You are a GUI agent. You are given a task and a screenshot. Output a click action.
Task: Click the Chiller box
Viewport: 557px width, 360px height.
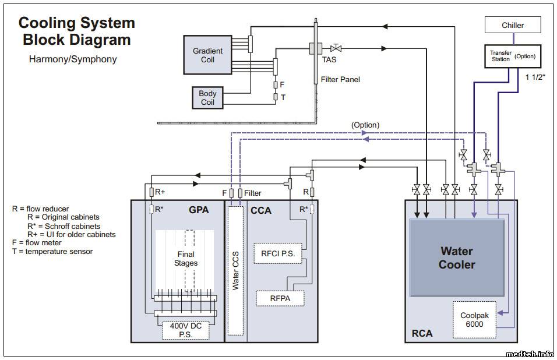tap(513, 25)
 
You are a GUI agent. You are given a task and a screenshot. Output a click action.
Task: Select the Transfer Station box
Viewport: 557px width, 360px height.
tap(512, 57)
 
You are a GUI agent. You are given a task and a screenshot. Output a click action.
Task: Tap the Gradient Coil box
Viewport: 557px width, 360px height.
tap(207, 55)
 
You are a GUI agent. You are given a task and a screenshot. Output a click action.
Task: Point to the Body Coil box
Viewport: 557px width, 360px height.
tap(207, 97)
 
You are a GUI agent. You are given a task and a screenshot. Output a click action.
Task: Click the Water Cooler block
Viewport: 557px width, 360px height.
tap(457, 258)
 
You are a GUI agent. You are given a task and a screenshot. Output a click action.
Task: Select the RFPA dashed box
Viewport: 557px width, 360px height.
tap(280, 298)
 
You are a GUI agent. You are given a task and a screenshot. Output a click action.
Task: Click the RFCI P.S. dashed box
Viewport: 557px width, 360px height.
tap(278, 253)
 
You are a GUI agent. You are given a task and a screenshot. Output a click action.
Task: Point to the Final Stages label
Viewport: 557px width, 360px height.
tap(185, 259)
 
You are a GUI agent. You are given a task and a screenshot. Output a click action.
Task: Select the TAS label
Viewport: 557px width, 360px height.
tap(329, 59)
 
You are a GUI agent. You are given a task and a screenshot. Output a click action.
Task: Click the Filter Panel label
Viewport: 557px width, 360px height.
tap(340, 79)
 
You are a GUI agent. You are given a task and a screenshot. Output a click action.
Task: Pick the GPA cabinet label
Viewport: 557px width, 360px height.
tap(199, 210)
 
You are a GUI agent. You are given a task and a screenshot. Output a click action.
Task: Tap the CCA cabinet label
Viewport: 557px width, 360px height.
tap(260, 210)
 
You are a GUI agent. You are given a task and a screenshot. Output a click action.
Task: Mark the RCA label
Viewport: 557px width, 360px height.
tap(422, 333)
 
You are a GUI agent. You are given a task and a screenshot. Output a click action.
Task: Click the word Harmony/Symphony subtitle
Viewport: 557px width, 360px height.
tap(72, 59)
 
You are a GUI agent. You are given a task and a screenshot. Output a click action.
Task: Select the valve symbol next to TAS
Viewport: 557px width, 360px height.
tap(336, 48)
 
